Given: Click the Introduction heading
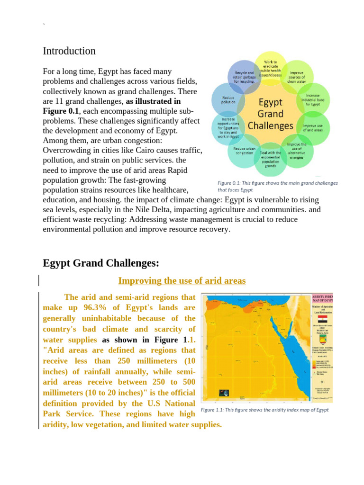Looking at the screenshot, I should [x=69, y=51].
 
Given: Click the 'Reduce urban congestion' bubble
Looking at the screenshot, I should [x=245, y=151].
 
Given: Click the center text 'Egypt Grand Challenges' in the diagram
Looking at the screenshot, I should [x=271, y=114].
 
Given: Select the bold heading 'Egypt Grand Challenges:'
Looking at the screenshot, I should [x=101, y=263].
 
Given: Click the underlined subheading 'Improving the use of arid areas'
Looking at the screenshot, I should [x=182, y=281].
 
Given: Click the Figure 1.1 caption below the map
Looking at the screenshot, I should [x=264, y=410].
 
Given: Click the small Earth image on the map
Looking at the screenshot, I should [x=223, y=393].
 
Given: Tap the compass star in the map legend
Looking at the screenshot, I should [x=322, y=382].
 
